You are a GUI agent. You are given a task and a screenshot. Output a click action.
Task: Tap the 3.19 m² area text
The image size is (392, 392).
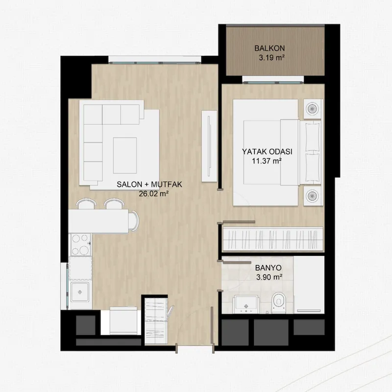pyautogui.click(x=272, y=58)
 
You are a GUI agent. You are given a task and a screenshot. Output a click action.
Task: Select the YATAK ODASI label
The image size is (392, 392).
pyautogui.click(x=267, y=151)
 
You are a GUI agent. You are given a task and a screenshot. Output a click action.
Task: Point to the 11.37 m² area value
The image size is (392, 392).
pyautogui.click(x=267, y=161)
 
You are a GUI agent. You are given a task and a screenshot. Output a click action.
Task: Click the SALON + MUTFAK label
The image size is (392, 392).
pyautogui.click(x=149, y=184)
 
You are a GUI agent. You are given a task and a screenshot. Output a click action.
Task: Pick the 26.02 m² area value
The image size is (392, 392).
pyautogui.click(x=153, y=194)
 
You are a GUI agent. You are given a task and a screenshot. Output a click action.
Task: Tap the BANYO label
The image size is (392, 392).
pyautogui.click(x=268, y=268)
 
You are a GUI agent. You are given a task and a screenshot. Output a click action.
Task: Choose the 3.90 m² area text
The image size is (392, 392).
pyautogui.click(x=269, y=277)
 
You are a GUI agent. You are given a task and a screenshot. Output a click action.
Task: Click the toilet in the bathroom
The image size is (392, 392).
pyautogui.click(x=278, y=303)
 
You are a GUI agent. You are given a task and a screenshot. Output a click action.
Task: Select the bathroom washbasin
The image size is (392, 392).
pyautogui.click(x=245, y=304)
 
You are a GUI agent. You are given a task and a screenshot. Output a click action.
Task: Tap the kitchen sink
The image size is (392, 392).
pyautogui.click(x=80, y=292)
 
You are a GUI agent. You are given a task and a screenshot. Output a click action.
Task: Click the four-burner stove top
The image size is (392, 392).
pyautogui.click(x=80, y=244)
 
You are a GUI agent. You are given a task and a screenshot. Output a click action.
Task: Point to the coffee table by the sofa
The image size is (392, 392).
pyautogui.click(x=125, y=155)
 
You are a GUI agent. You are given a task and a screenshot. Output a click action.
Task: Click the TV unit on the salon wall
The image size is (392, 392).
pyautogui.click(x=209, y=146)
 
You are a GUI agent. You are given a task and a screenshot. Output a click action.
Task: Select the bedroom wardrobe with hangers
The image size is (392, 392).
pyautogui.click(x=273, y=239)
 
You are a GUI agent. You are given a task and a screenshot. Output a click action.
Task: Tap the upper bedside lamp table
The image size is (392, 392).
pyautogui.click(x=312, y=109)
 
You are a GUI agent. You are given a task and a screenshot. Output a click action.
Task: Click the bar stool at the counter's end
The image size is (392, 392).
pyautogui.click(x=134, y=221)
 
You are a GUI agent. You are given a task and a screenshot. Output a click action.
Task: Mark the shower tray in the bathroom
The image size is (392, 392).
pyautogui.click(x=309, y=285)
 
